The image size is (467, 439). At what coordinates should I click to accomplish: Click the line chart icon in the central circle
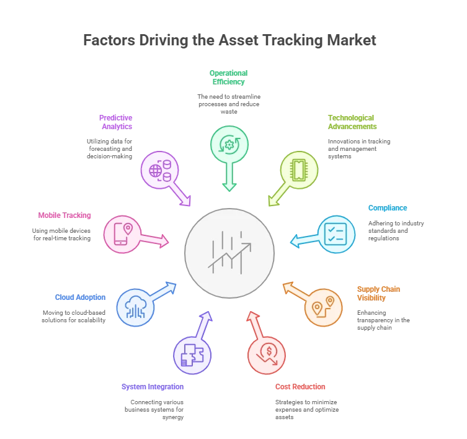click(229, 253)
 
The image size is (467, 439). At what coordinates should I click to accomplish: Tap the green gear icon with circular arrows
click(229, 145)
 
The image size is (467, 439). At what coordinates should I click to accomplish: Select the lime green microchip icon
click(299, 170)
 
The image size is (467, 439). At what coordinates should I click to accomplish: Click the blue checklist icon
click(336, 234)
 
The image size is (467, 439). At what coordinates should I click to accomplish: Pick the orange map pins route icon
click(323, 307)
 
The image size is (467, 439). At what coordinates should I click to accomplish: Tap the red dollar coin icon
click(267, 355)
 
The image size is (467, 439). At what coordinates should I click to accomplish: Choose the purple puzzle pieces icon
click(192, 355)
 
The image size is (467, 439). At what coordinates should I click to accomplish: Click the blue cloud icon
click(135, 307)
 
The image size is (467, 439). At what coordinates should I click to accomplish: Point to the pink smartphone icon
click(122, 234)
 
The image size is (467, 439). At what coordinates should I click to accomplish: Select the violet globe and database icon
click(159, 170)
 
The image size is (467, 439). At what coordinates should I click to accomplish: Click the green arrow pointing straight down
click(229, 176)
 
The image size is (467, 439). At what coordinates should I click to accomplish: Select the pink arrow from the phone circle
click(154, 240)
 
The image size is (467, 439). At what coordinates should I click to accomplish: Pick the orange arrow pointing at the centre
click(294, 291)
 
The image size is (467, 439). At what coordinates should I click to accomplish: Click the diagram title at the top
click(228, 41)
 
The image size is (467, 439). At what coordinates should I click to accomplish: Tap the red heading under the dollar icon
click(300, 387)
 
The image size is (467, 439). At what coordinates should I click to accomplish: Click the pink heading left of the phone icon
click(65, 216)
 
